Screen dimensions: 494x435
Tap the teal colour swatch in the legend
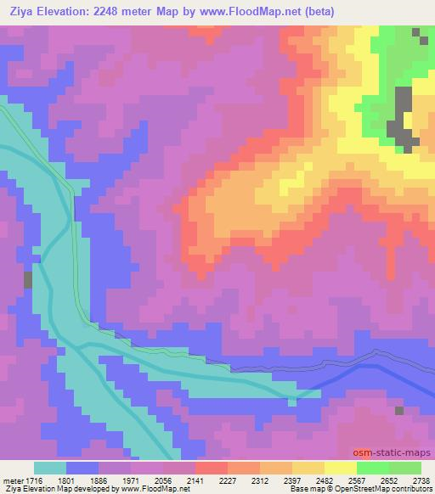click(49, 467)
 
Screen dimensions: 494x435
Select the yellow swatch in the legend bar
click(340, 467)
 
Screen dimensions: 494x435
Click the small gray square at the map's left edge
click(28, 279)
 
